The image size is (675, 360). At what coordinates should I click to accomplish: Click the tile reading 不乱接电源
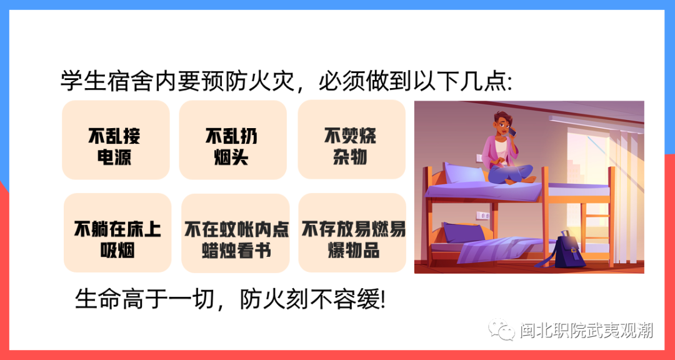[116, 140]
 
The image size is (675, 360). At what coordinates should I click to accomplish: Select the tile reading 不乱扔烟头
[233, 140]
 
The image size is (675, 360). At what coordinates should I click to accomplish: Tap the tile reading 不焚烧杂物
[351, 139]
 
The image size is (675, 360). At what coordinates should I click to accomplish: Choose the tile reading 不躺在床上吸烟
[117, 233]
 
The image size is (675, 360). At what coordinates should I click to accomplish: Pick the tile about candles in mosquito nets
[236, 233]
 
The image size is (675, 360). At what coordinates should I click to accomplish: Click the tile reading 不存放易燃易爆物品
[352, 233]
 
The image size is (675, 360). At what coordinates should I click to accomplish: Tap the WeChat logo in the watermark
[502, 330]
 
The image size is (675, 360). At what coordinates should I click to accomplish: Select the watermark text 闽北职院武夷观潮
[586, 330]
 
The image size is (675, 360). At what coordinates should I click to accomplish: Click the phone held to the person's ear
[512, 132]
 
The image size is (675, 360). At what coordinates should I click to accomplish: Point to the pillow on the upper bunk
[464, 174]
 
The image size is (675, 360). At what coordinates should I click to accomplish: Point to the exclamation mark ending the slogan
[383, 299]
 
